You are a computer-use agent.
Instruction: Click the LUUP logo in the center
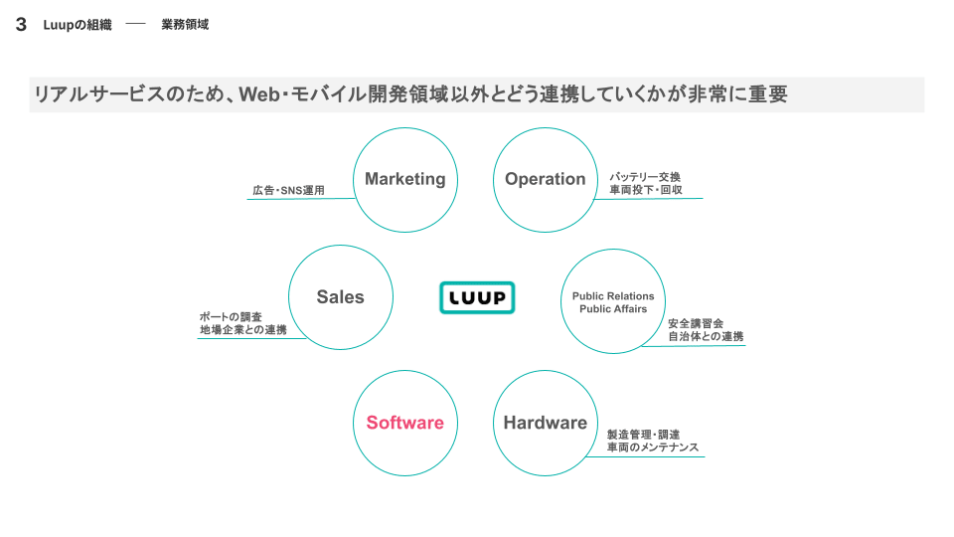(477, 297)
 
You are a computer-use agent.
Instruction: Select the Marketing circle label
(404, 179)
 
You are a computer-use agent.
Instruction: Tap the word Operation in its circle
(545, 179)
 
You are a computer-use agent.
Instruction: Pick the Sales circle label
(340, 296)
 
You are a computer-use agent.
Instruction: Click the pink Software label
(404, 423)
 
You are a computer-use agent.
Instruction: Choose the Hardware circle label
(545, 423)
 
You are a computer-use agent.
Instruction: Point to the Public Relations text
(613, 296)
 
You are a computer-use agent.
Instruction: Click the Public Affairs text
(613, 309)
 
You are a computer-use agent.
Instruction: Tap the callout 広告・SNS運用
(289, 190)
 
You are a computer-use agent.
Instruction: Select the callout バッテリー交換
(645, 177)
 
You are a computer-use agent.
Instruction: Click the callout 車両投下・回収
(645, 190)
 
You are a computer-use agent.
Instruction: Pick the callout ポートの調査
(231, 317)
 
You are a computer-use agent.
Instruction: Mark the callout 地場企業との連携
(242, 330)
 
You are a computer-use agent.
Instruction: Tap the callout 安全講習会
(696, 323)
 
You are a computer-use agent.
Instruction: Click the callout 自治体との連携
(706, 337)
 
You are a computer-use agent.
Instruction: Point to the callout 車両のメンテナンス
(653, 447)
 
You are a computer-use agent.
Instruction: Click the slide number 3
(21, 25)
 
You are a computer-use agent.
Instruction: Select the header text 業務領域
(185, 25)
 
